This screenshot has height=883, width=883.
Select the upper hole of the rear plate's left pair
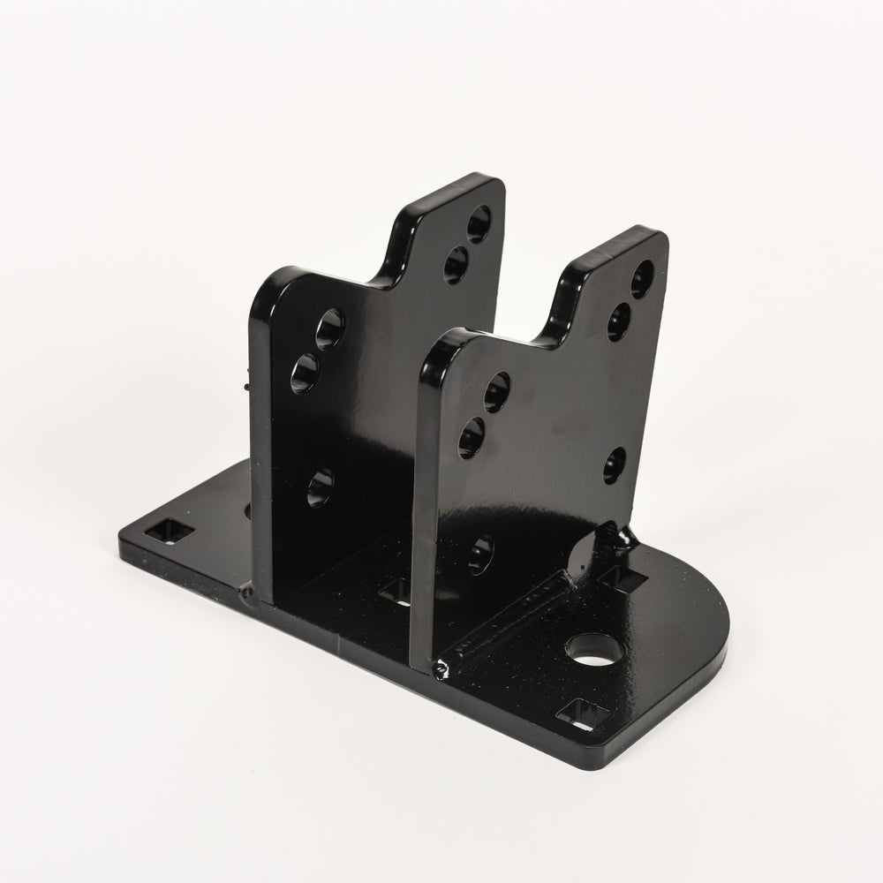(331, 328)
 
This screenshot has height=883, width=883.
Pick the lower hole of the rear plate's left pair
(305, 373)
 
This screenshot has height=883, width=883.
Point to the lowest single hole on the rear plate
(321, 486)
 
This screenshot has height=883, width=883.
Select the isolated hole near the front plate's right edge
(615, 464)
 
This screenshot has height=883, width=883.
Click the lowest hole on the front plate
(480, 553)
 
